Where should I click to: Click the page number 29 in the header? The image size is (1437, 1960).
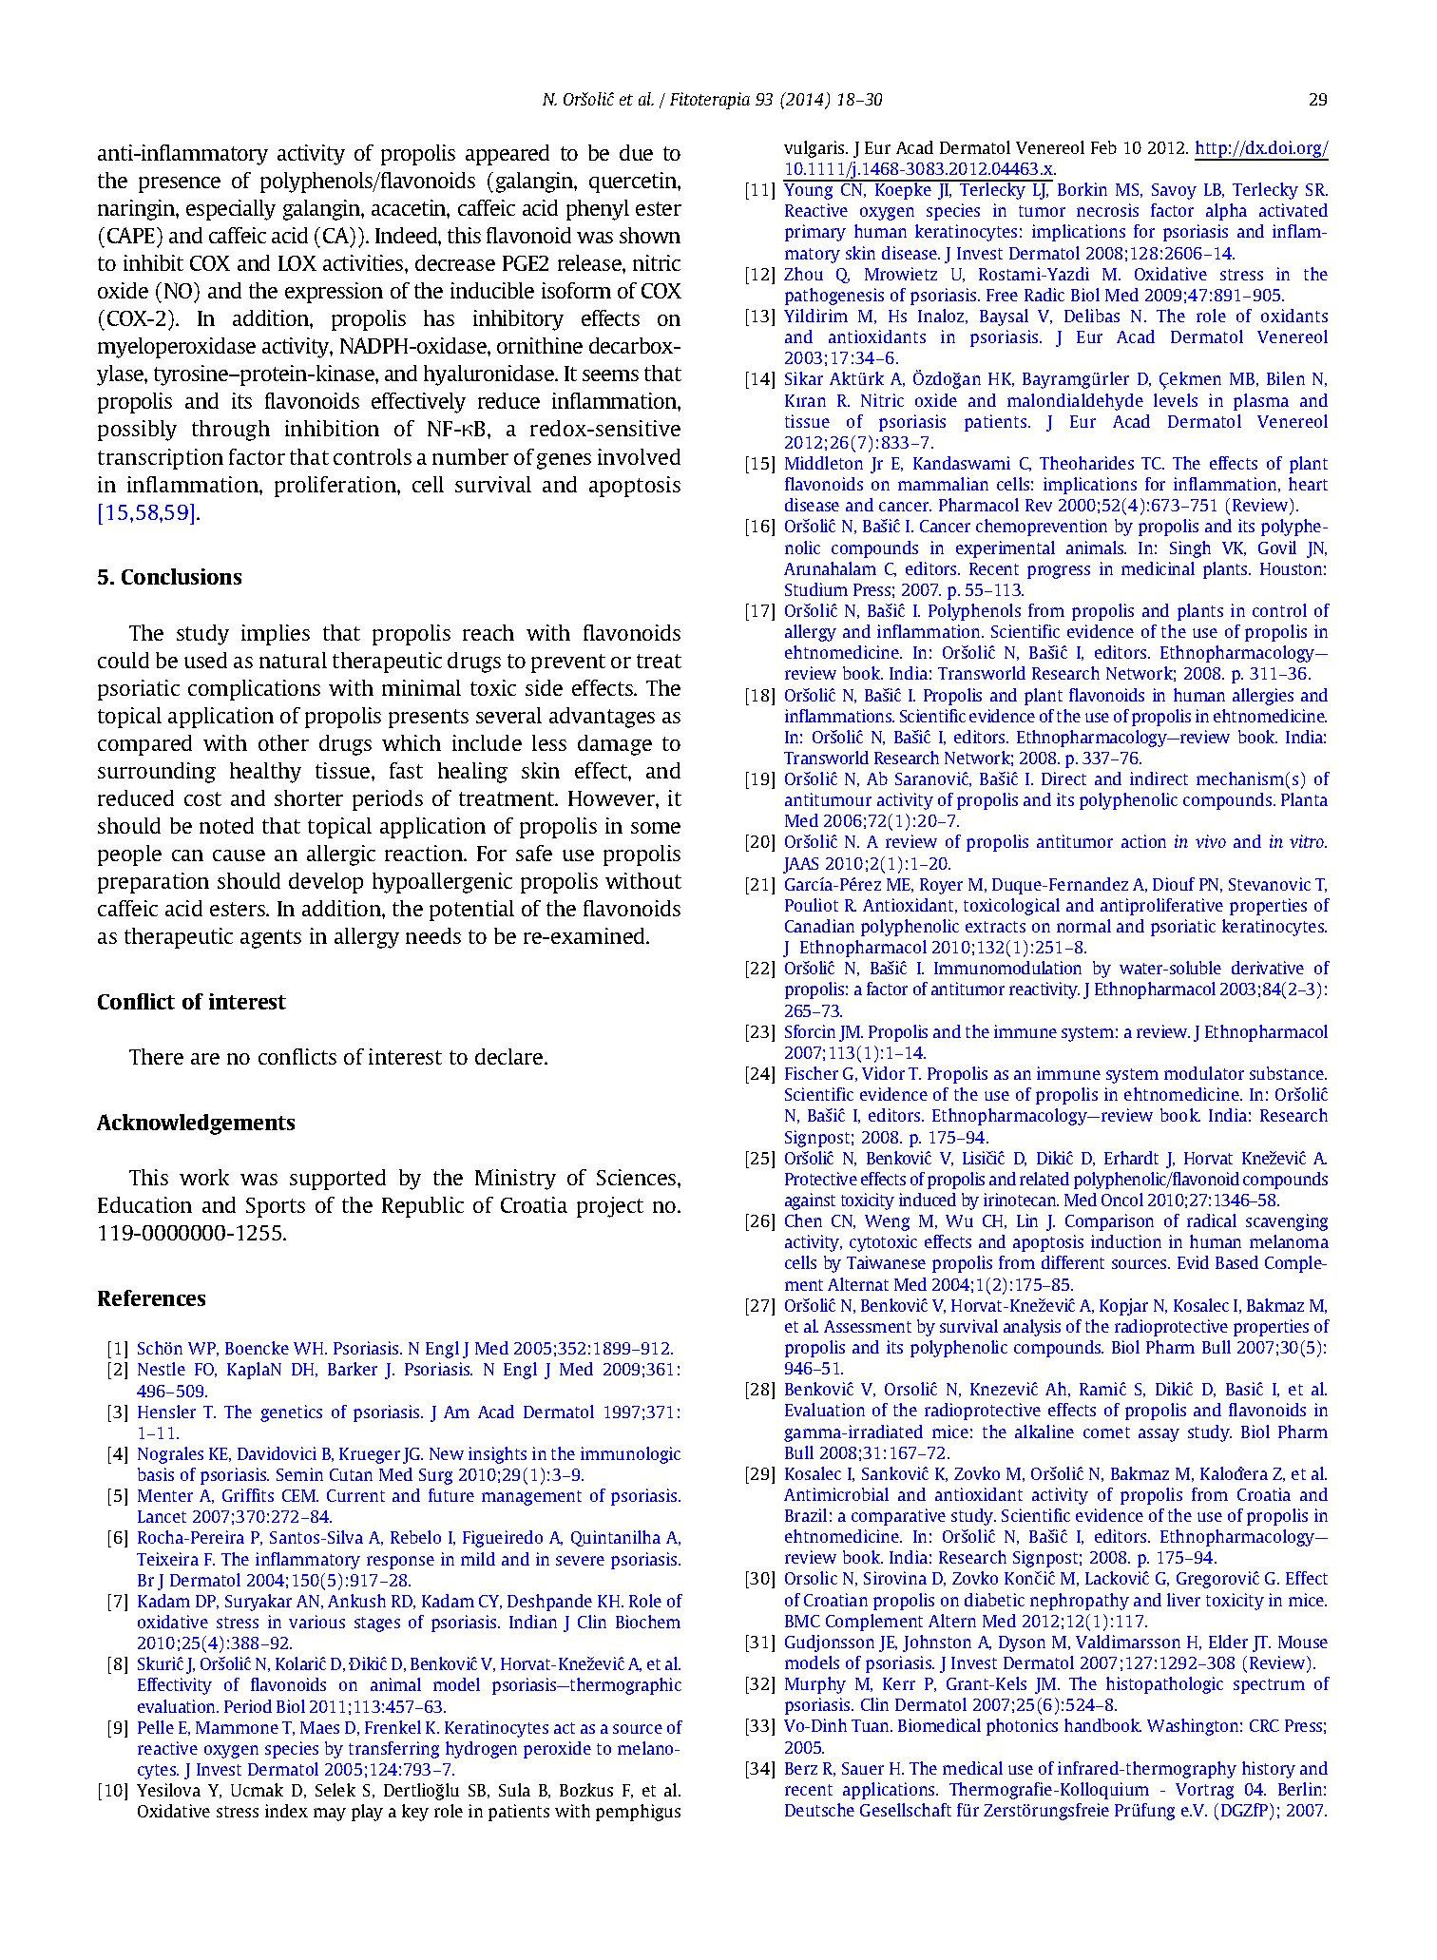click(x=1317, y=100)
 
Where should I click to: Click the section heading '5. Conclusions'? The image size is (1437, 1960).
click(x=169, y=577)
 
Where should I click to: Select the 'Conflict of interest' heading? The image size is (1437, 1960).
click(x=191, y=1002)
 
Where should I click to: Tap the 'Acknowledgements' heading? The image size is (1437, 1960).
click(x=196, y=1123)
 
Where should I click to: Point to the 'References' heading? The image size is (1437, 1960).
click(x=151, y=1298)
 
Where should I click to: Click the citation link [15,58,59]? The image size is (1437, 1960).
click(x=148, y=513)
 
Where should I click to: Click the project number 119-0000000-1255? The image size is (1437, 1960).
click(x=190, y=1233)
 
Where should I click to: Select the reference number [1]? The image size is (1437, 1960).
click(x=118, y=1349)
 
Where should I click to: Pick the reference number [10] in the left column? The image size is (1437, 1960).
click(x=112, y=1791)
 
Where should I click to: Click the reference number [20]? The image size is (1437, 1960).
click(x=759, y=842)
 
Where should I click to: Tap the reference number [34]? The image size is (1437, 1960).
click(x=759, y=1769)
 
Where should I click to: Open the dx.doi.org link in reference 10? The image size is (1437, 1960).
click(x=1260, y=148)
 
